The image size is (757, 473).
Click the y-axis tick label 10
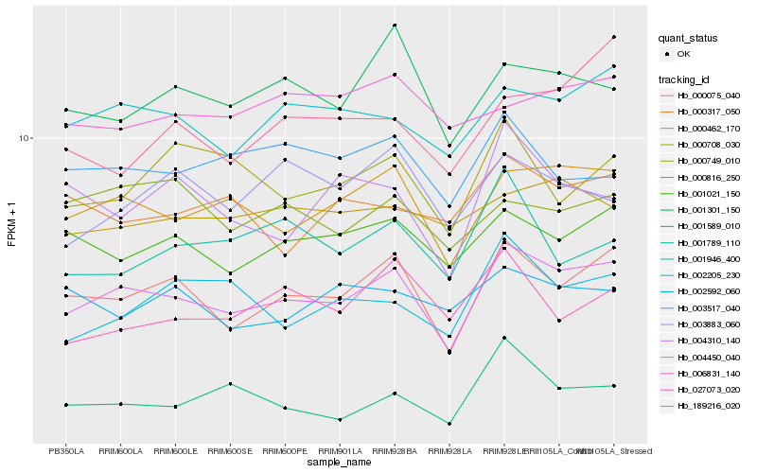(26, 138)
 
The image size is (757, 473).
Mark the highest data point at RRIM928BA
(395, 26)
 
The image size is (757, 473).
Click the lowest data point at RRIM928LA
(449, 424)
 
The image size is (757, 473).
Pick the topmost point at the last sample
(614, 37)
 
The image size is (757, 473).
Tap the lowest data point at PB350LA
(65, 405)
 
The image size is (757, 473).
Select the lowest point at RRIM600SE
(230, 383)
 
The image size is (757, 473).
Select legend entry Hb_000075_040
(707, 96)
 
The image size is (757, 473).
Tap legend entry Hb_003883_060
(707, 324)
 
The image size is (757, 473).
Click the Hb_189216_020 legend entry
(707, 406)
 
